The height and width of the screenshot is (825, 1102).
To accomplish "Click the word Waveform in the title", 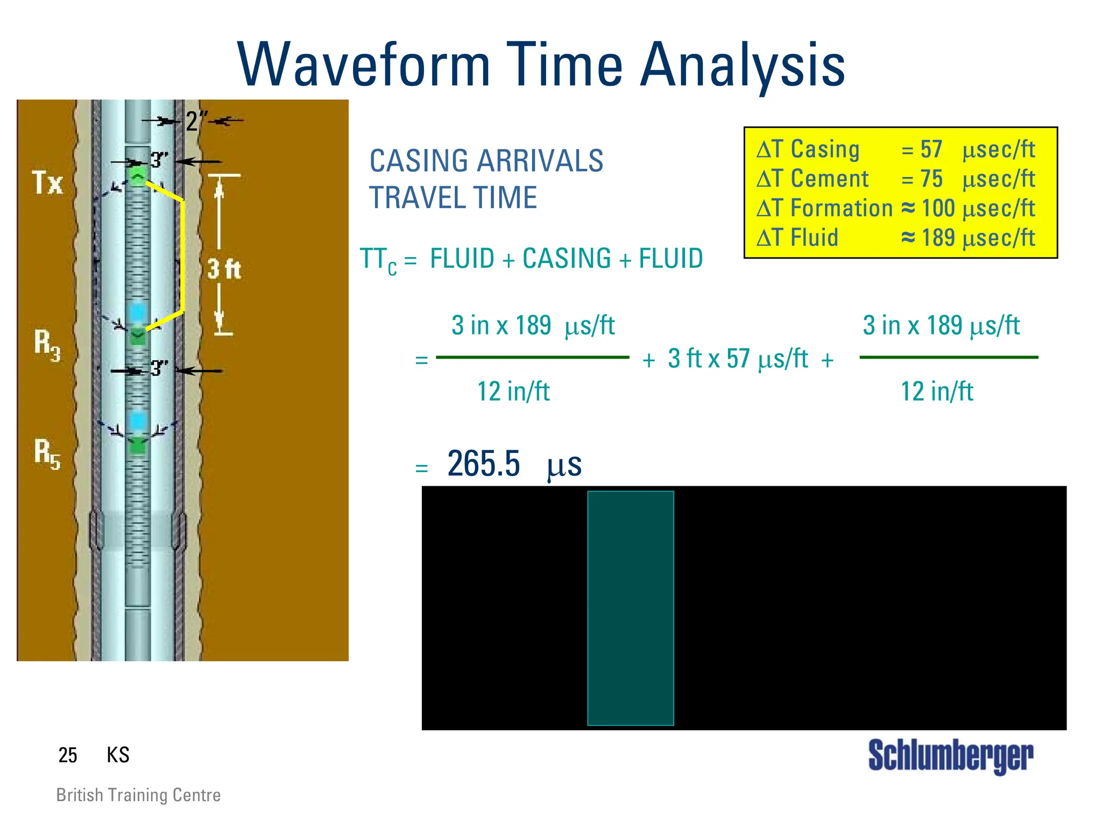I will point(364,66).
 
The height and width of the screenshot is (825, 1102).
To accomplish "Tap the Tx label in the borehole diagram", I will point(47,183).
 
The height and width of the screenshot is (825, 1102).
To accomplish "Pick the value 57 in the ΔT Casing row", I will point(931,150).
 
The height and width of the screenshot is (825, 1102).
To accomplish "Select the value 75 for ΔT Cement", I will point(931,179).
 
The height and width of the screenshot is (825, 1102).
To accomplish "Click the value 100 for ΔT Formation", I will point(938,209).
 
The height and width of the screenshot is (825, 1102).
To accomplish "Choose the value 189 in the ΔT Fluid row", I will point(938,238).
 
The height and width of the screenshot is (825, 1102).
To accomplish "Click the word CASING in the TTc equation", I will point(566,259).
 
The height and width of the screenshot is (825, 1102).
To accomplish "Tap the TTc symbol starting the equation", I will point(378,260).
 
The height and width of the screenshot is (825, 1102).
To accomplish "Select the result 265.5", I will point(483,464).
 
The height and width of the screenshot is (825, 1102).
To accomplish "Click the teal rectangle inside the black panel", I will point(630,608).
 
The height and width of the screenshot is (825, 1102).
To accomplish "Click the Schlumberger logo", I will point(950,756).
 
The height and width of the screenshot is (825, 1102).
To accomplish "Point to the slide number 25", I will point(68,755).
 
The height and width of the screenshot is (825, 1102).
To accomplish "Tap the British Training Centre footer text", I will point(138,795).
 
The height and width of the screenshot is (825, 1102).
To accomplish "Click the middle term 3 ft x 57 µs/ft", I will point(738,359).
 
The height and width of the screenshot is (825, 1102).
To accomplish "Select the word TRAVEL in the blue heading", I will point(416,197).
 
